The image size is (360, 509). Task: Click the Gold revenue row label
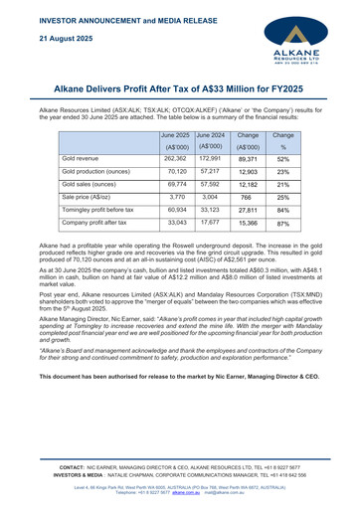(84, 158)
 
